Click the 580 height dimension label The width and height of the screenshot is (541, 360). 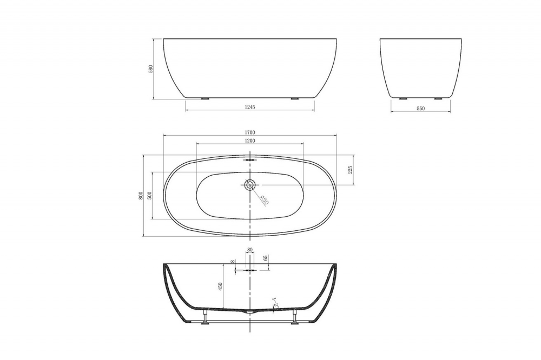pos(151,69)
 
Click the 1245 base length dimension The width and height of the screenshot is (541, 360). pos(249,107)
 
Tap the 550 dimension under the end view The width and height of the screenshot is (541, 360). pos(420,108)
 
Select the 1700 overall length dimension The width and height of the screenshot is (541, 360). pos(249,131)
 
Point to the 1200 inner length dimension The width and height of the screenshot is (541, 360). pos(249,140)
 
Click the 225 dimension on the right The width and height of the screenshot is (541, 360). pos(350,170)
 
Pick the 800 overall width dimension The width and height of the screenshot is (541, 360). pos(141,195)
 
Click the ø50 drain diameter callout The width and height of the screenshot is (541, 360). pos(265,199)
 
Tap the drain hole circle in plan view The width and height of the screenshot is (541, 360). pos(249,185)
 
